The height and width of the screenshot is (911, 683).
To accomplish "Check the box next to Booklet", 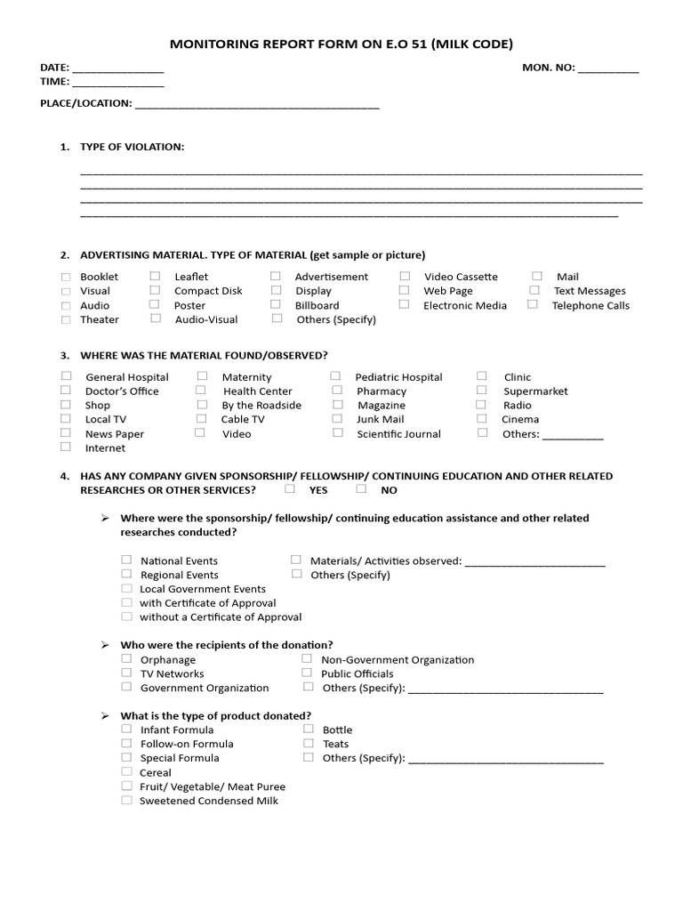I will [x=66, y=277].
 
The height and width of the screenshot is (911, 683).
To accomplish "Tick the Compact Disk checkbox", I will [x=155, y=290].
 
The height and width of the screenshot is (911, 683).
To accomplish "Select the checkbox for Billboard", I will [x=277, y=304].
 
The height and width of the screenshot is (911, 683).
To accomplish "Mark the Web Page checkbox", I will [x=405, y=290].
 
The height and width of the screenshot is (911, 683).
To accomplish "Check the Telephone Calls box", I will [x=533, y=304].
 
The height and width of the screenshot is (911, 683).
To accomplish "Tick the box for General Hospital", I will [x=66, y=376].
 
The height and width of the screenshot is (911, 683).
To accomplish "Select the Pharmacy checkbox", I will [x=337, y=391].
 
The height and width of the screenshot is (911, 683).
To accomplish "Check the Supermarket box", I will [x=482, y=391].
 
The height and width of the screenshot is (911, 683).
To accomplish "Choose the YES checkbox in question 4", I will [x=290, y=489].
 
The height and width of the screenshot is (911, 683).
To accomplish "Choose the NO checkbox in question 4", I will [x=362, y=489].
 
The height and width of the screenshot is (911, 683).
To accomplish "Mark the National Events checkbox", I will [x=126, y=560].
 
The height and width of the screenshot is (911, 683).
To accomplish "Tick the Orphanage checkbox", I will [x=126, y=659].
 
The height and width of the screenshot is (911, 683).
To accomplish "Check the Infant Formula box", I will [x=126, y=730].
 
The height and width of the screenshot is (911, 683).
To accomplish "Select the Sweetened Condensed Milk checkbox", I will [x=126, y=801].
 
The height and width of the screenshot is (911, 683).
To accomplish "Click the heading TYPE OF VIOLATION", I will [x=133, y=147].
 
